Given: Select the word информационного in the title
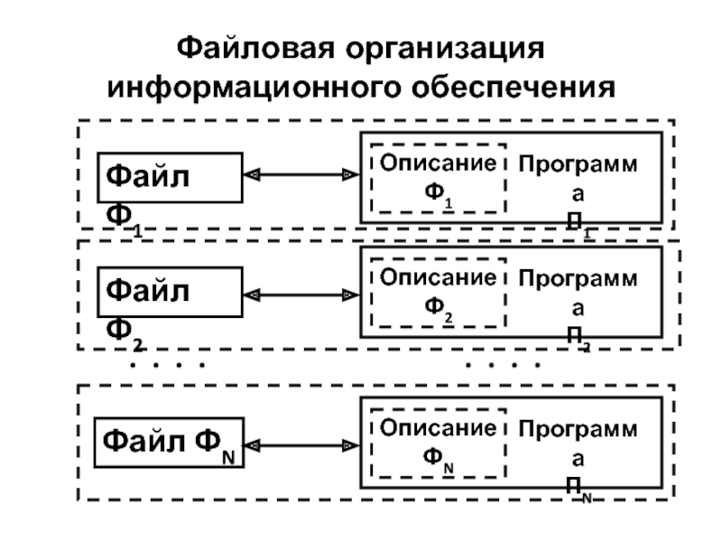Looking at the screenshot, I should pos(256,89).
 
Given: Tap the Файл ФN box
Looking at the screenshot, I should pos(170,444).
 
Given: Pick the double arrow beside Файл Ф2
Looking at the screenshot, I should pos(301,294).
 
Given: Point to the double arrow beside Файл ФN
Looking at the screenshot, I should pos(301,444).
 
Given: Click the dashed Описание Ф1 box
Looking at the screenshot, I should pos(438,178).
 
